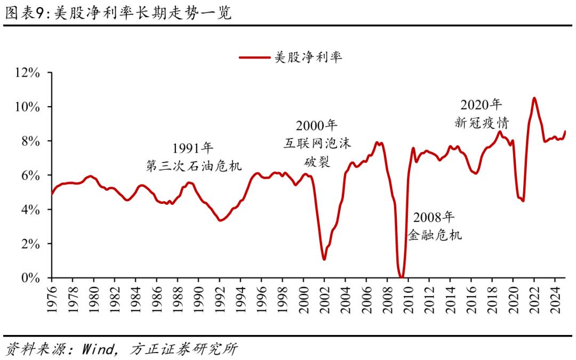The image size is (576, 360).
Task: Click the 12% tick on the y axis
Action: point(28,73)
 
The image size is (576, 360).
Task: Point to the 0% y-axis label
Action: point(32,278)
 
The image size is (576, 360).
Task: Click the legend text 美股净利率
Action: point(308,57)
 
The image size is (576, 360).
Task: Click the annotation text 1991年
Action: point(193,148)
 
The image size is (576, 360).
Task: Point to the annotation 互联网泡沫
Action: point(317,143)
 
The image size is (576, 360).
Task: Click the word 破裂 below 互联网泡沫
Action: point(317,161)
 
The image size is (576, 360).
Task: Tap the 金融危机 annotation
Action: point(435,235)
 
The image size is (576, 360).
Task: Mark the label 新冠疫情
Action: point(482,122)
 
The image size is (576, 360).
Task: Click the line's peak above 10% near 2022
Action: point(534,98)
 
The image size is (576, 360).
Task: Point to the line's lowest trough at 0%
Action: point(401,277)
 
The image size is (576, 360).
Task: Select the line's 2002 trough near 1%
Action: point(324,259)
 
